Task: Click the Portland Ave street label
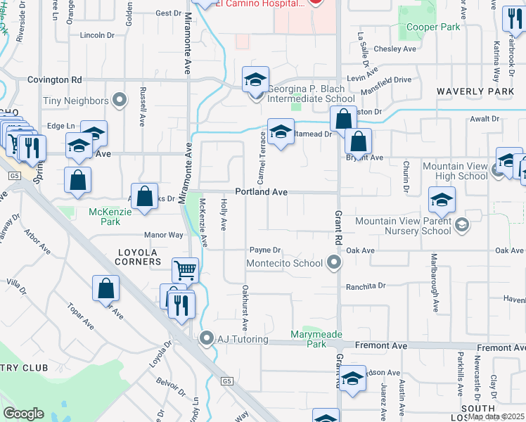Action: tap(261, 191)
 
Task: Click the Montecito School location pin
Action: tap(335, 264)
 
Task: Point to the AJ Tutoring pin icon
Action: tap(206, 339)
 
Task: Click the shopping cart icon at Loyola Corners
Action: tap(185, 270)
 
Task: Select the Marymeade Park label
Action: tap(309, 339)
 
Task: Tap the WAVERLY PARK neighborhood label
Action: tap(475, 91)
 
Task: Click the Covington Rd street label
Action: tap(55, 80)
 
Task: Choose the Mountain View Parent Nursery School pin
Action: tap(462, 225)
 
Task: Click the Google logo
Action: tap(23, 414)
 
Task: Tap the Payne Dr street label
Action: tap(265, 250)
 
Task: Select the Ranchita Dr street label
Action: tap(366, 286)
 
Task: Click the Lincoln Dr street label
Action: tap(97, 34)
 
